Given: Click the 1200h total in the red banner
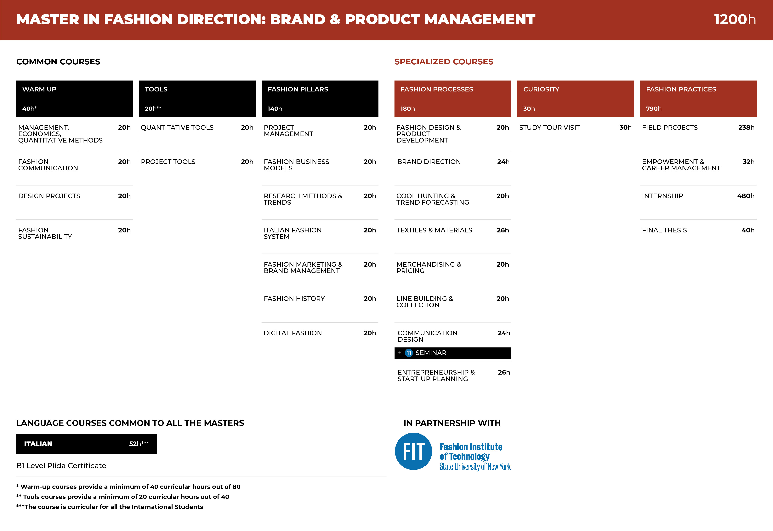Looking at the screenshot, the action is pos(735,19).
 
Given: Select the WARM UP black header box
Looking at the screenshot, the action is pos(75,99).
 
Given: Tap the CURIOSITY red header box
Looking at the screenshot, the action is pos(575,99).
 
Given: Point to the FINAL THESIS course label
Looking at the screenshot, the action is pos(664,230).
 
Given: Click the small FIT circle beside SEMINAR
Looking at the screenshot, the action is pos(409,353).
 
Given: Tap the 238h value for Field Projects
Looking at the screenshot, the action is pos(746,127).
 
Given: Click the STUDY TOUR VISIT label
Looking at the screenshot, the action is pos(549,127).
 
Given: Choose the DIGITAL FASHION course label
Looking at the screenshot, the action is pos(293,333).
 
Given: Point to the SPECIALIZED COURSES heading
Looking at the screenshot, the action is pos(444,62).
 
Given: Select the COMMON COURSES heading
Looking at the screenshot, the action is pos(58,62).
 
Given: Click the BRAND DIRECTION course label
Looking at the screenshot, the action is pos(429,162).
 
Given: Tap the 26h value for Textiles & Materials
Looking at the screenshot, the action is pos(503,230).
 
